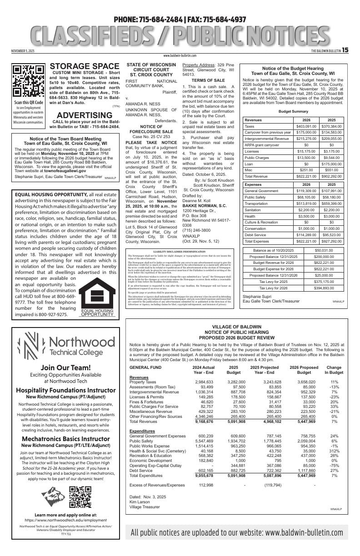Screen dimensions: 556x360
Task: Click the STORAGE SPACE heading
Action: pyautogui.click(x=84, y=67)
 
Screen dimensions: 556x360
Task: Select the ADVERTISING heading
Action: pyautogui.click(x=84, y=115)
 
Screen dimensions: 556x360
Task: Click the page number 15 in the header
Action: pyautogui.click(x=345, y=50)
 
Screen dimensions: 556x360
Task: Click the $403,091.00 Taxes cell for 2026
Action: pyautogui.click(x=306, y=126)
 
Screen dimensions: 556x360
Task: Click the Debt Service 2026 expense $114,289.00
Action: pyautogui.click(x=306, y=235)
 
